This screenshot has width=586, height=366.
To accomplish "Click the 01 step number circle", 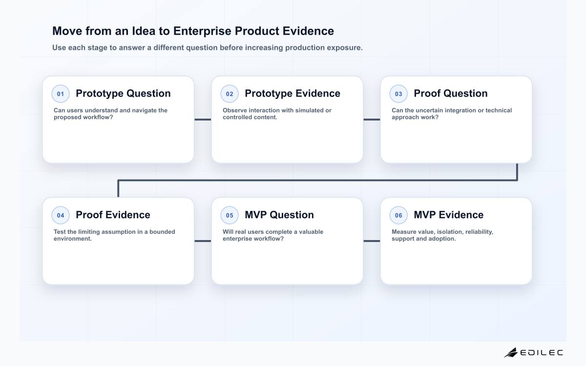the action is click(61, 94).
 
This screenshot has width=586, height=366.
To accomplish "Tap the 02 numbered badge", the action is click(230, 94).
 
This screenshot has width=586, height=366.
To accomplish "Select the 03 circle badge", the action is click(398, 94).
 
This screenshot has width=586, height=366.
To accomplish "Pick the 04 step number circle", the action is click(61, 215).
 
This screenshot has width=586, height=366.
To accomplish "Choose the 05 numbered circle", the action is click(230, 215).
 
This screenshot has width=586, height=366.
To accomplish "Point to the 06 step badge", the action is click(398, 215).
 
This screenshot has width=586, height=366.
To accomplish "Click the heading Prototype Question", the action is click(123, 93).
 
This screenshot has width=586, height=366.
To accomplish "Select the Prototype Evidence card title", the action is click(293, 93).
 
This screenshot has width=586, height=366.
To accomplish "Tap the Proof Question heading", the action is click(450, 93).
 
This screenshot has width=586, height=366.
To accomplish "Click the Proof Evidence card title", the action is click(113, 215).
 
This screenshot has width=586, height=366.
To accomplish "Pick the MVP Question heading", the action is click(279, 215).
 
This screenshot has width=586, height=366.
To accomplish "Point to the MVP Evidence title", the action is click(448, 215).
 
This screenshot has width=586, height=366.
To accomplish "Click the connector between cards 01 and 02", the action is click(203, 120).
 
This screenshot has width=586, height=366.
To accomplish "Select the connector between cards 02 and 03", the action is click(372, 120).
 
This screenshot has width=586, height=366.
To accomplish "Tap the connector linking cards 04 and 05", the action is click(203, 241).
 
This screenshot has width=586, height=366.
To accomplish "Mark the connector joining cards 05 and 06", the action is click(372, 241).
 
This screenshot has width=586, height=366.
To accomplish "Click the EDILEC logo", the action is click(533, 352).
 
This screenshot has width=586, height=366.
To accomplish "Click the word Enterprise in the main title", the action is click(202, 31).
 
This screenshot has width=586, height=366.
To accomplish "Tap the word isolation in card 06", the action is click(449, 232).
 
